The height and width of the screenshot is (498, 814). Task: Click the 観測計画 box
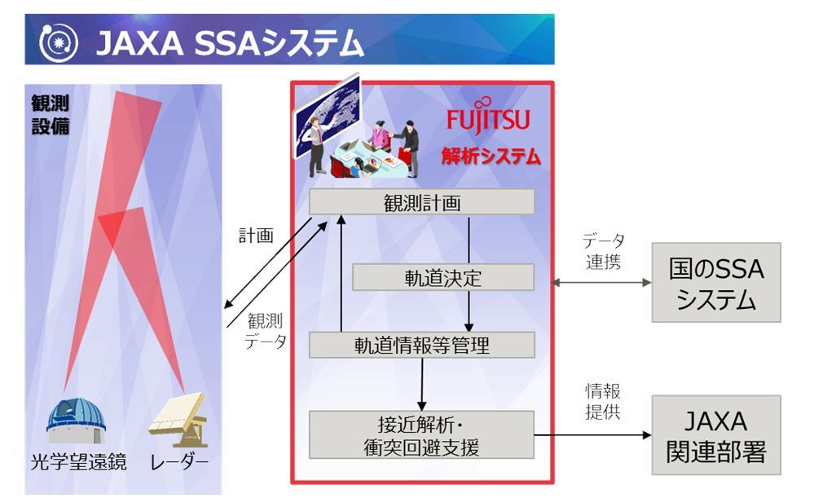421,202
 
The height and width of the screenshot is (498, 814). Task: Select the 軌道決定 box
443,277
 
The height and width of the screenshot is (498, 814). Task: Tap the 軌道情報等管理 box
421,345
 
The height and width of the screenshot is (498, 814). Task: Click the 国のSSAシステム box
716,282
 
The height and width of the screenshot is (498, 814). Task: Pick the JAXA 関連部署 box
716,435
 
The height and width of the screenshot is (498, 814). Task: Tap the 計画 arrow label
255,236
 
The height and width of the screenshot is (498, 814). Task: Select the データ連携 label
603,251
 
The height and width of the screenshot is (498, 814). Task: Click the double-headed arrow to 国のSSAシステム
602,283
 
